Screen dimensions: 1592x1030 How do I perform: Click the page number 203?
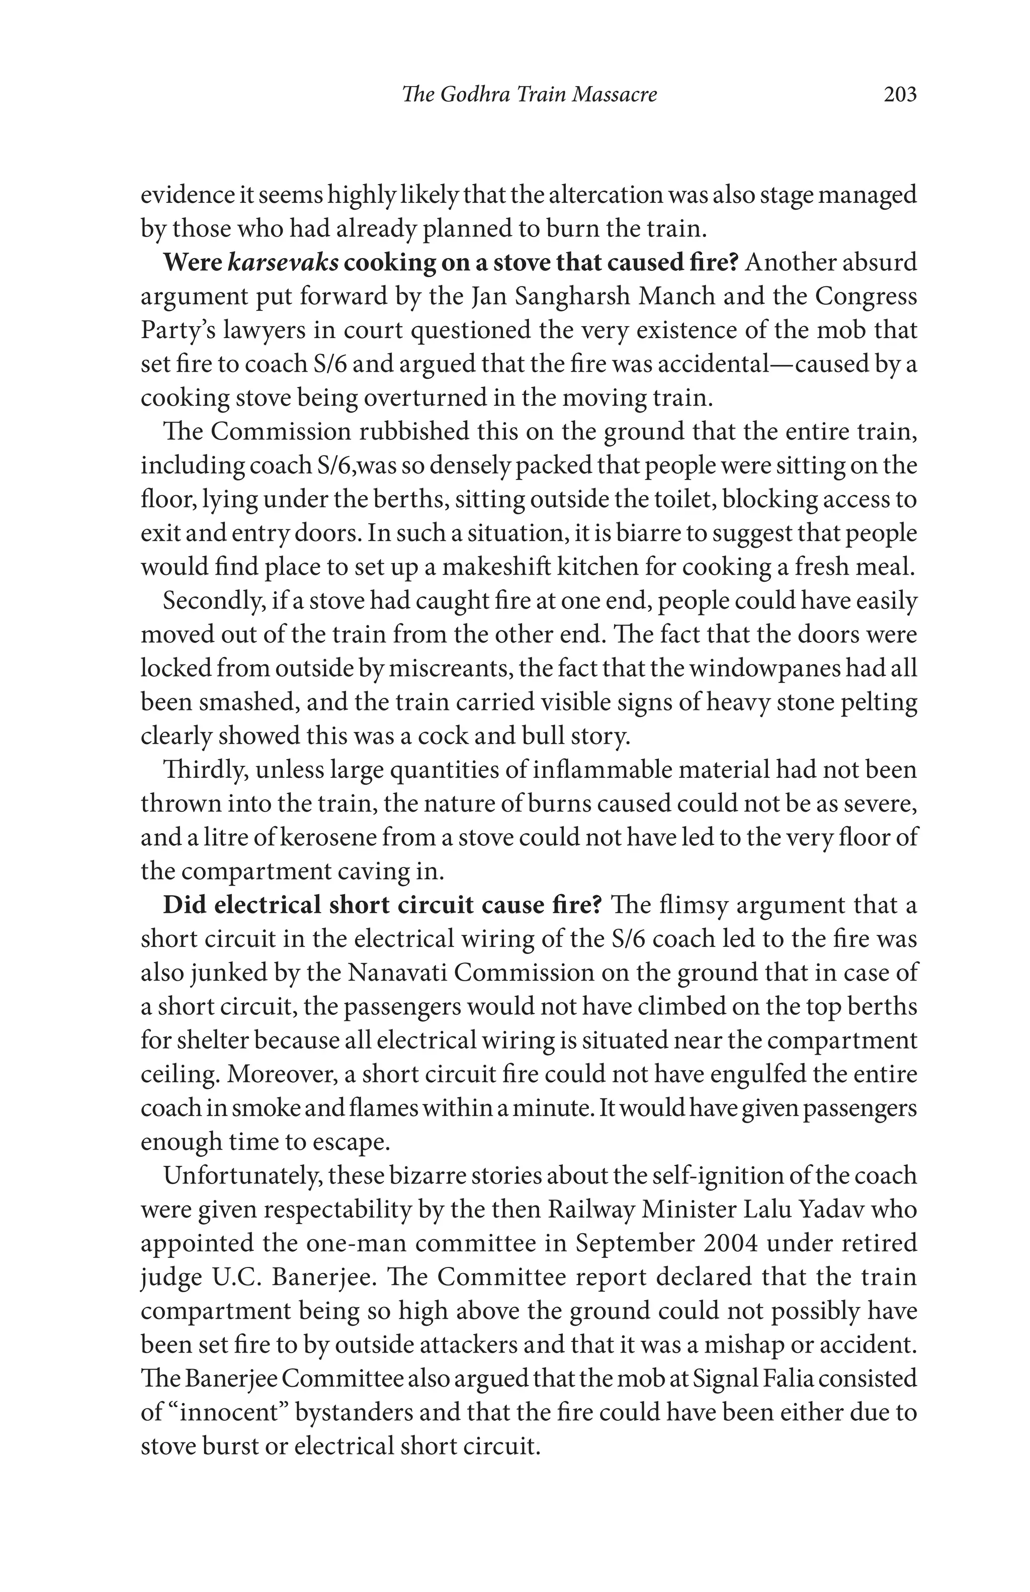tap(900, 94)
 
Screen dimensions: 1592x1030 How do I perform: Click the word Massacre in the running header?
tap(615, 94)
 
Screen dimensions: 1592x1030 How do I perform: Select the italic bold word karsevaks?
tap(283, 262)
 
